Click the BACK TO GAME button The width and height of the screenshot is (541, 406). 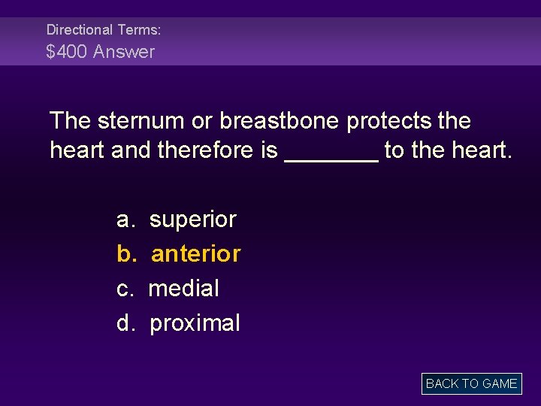(x=471, y=383)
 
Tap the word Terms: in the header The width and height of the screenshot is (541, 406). (x=138, y=30)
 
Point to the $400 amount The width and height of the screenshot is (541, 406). (x=65, y=52)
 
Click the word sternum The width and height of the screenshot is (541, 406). (x=149, y=120)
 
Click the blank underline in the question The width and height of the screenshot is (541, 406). (x=331, y=158)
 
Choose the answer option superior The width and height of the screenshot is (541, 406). (x=193, y=220)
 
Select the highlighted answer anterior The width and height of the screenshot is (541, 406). (x=195, y=254)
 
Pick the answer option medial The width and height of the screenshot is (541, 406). (x=184, y=289)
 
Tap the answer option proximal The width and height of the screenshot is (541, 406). (x=195, y=324)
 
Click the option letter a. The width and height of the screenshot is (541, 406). (x=125, y=220)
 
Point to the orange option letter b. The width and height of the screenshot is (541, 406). (x=125, y=254)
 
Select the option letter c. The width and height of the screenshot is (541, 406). (x=124, y=289)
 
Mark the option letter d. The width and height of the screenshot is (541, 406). (x=125, y=324)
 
